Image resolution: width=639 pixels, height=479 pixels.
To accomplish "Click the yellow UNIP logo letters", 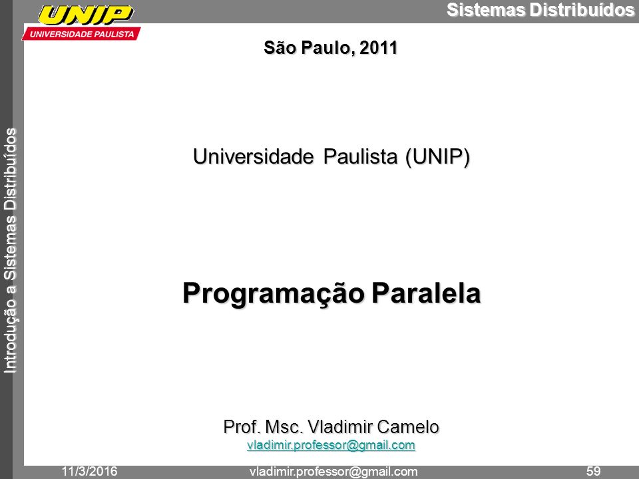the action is click(86, 15).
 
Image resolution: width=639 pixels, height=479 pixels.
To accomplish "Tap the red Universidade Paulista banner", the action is click(81, 34).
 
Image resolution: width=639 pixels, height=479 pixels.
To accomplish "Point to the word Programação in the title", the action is click(273, 294).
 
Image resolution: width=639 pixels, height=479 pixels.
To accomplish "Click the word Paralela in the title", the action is click(426, 293).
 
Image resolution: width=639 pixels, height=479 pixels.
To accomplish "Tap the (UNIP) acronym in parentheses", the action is click(437, 157).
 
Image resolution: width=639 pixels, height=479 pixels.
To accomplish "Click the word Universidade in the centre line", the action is click(254, 156).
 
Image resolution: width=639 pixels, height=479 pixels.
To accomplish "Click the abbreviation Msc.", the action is click(284, 427).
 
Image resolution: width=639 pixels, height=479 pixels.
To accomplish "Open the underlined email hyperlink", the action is click(331, 445).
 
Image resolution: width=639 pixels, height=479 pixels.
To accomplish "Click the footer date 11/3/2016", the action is click(89, 472).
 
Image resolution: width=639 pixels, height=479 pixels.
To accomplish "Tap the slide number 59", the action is click(593, 472).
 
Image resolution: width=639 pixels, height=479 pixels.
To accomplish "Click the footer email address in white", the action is click(333, 472).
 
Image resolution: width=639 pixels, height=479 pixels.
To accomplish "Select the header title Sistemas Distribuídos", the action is click(540, 10).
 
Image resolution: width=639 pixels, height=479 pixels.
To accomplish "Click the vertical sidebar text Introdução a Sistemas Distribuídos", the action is click(10, 251).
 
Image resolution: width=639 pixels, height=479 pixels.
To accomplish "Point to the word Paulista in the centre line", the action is click(360, 156).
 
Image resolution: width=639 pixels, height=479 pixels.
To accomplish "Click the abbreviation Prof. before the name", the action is click(242, 427).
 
